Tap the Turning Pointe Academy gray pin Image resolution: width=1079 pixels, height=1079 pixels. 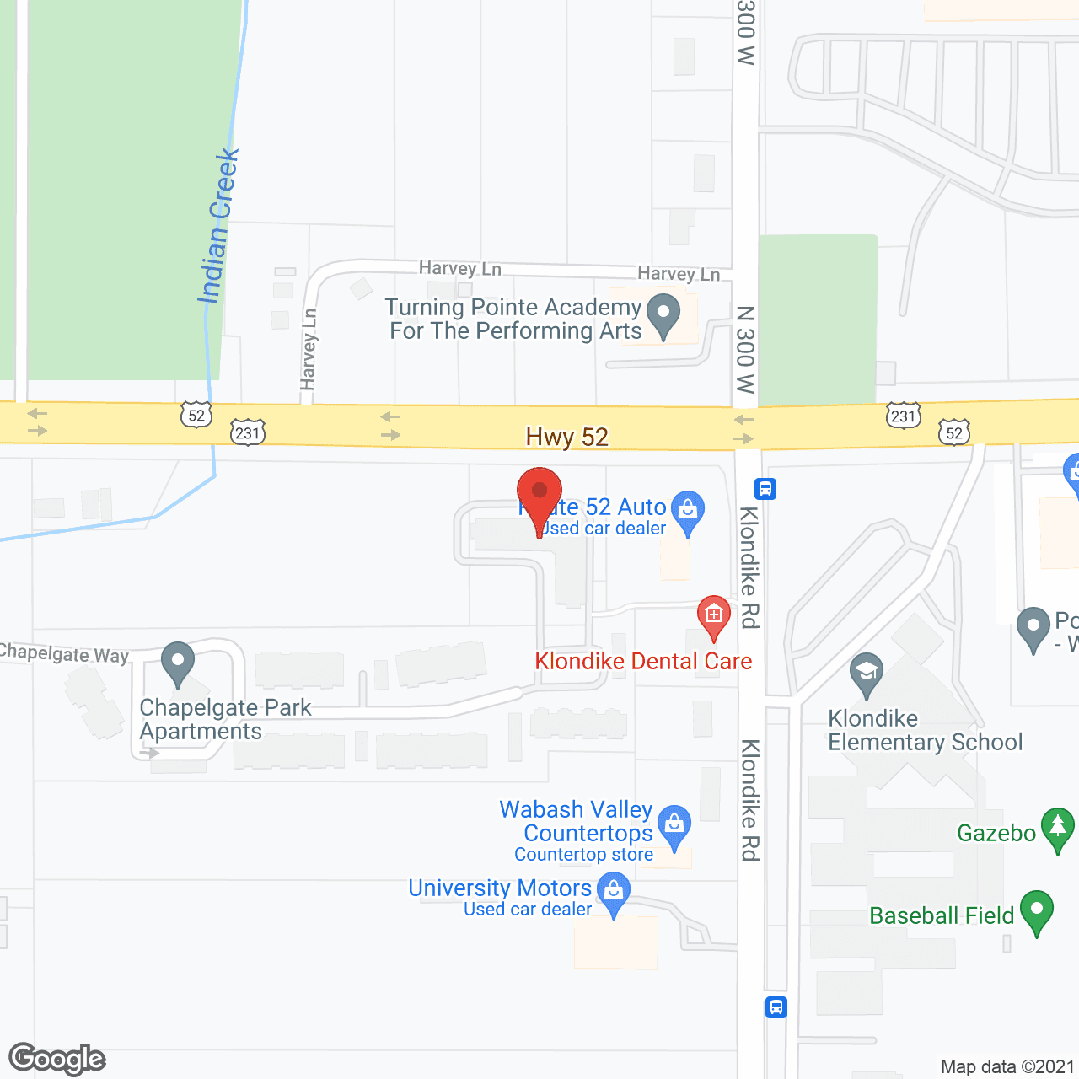point(663,314)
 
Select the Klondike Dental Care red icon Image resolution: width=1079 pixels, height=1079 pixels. point(713,616)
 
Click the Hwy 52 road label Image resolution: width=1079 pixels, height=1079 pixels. point(566,437)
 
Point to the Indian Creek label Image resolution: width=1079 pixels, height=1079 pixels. point(218,226)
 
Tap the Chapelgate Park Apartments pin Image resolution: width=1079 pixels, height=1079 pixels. point(177,663)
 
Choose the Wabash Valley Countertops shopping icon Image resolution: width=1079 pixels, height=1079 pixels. point(674,825)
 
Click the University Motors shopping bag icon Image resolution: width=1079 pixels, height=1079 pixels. point(613,892)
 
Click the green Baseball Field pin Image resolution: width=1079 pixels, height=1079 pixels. point(1037,911)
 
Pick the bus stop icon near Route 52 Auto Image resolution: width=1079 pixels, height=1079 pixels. point(765,489)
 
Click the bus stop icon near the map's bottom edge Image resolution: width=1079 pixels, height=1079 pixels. point(776,1007)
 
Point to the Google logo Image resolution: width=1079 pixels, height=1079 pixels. point(57,1059)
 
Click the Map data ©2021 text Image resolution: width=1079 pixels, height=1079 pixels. point(1007,1066)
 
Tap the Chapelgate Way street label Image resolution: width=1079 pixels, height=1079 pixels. point(64,653)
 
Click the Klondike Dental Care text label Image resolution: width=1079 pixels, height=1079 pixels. point(643,661)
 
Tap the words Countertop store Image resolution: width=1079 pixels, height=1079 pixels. point(583,854)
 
